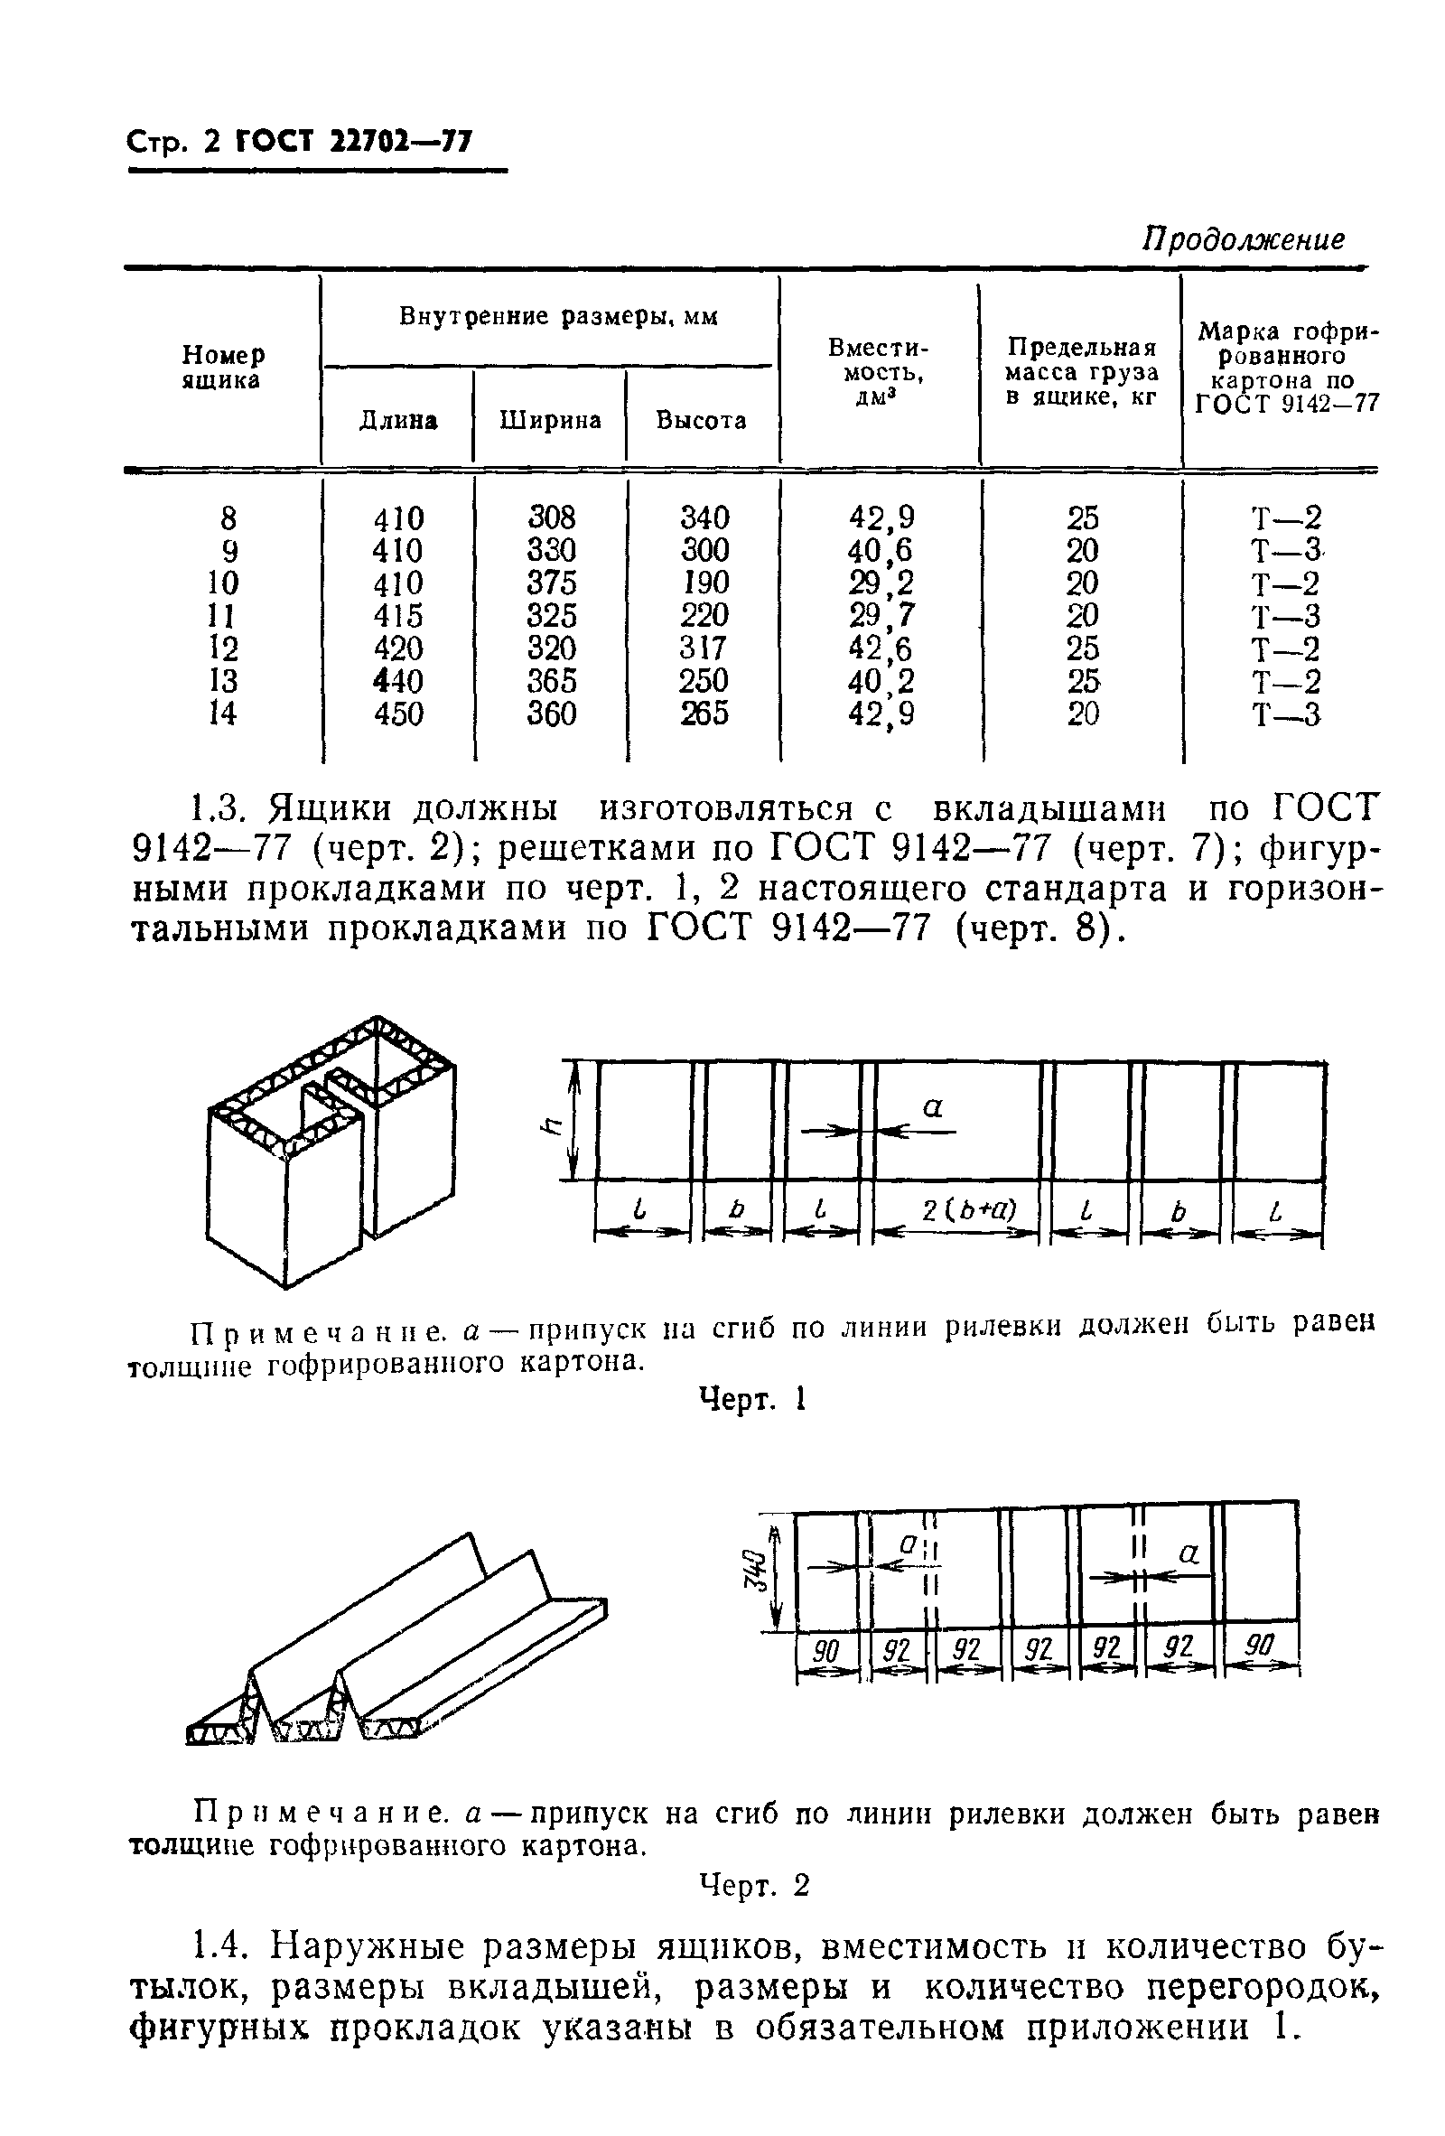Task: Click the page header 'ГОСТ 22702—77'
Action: pyautogui.click(x=354, y=143)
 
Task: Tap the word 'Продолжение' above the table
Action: pyautogui.click(x=1244, y=240)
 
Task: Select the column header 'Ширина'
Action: pyautogui.click(x=550, y=420)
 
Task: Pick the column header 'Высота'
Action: pyautogui.click(x=702, y=420)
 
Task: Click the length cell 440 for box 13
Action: pyautogui.click(x=398, y=681)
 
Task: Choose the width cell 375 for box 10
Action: pyautogui.click(x=552, y=583)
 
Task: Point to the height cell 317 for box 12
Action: pyautogui.click(x=704, y=648)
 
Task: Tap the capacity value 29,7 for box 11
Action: pyautogui.click(x=881, y=616)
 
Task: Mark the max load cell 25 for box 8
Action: pyautogui.click(x=1083, y=518)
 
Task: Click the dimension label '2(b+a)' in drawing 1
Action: pyautogui.click(x=957, y=1210)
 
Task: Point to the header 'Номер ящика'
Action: pyautogui.click(x=222, y=368)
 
